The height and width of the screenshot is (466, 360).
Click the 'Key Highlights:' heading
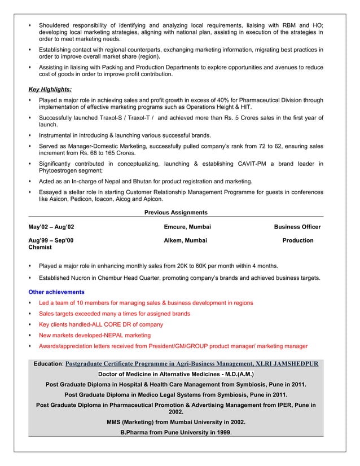(50, 89)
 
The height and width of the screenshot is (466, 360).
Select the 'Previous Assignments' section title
(175, 213)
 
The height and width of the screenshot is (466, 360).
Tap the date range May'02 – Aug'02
(51, 227)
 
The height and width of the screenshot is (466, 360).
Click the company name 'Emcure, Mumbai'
(187, 227)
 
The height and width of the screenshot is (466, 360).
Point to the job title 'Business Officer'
(297, 227)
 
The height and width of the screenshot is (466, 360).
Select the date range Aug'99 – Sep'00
(51, 240)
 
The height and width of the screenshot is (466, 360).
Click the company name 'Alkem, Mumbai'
(185, 240)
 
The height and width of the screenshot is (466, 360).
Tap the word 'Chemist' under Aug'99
(40, 247)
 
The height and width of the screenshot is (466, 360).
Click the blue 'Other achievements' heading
(56, 292)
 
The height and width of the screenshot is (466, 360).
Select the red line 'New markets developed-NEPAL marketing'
(94, 335)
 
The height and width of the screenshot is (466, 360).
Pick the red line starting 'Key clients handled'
(100, 324)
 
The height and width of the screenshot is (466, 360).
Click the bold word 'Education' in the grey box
(47, 364)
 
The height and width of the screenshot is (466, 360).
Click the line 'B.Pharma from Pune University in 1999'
(176, 433)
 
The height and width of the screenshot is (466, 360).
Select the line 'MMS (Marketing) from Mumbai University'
(175, 422)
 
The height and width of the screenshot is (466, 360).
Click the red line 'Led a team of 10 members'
(146, 303)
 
